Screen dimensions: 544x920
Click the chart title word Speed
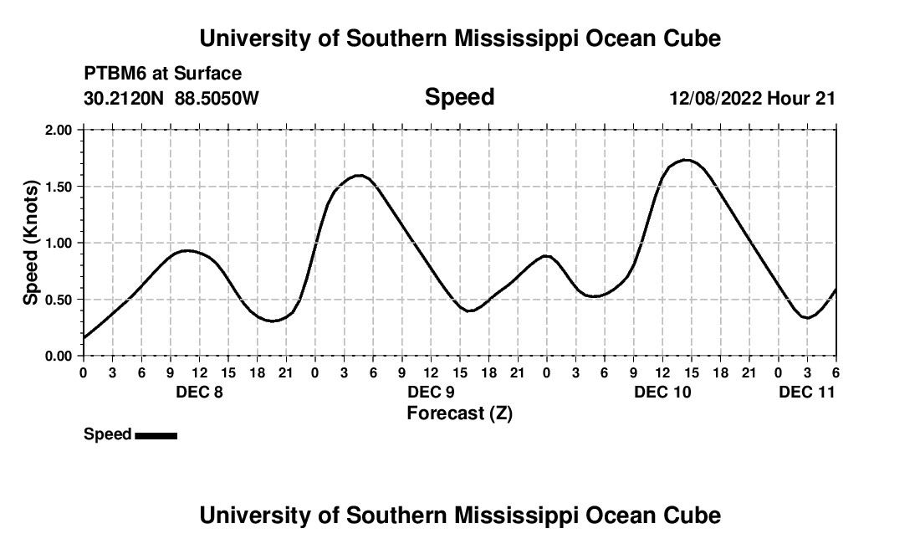[459, 97]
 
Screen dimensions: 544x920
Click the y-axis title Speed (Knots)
[31, 243]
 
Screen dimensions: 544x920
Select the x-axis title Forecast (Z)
[459, 413]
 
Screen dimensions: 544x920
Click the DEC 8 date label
[199, 393]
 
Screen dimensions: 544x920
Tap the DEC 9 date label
[431, 393]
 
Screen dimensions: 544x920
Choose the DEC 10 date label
[662, 393]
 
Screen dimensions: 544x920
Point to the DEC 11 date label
[806, 393]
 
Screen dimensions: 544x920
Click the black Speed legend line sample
[156, 435]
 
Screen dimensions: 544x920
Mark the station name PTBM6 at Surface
[162, 74]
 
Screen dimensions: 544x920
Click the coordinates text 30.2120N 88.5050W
[171, 99]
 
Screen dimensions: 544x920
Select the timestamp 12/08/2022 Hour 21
[752, 99]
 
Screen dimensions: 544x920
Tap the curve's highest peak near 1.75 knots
[686, 160]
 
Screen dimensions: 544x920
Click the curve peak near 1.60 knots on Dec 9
[360, 176]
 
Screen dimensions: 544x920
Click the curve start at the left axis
[84, 337]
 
